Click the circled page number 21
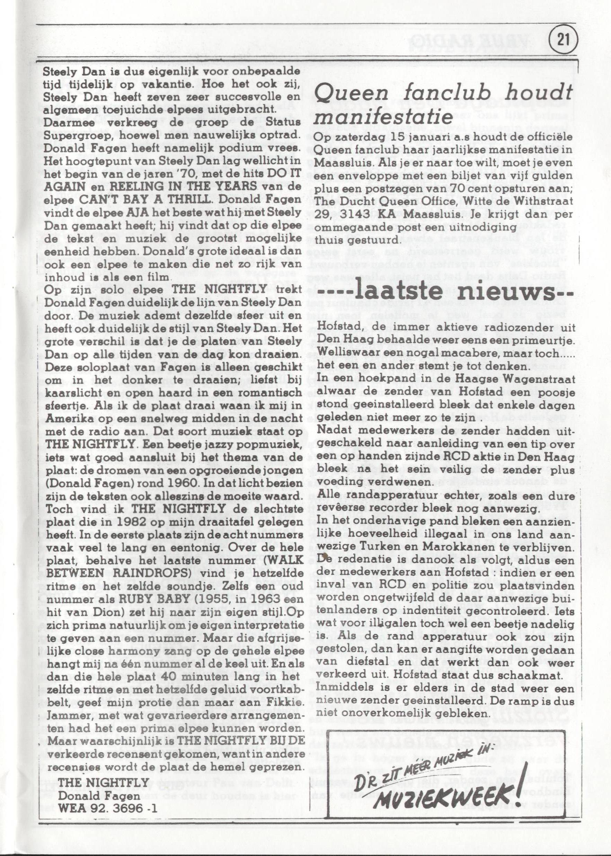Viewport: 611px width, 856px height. click(563, 40)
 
